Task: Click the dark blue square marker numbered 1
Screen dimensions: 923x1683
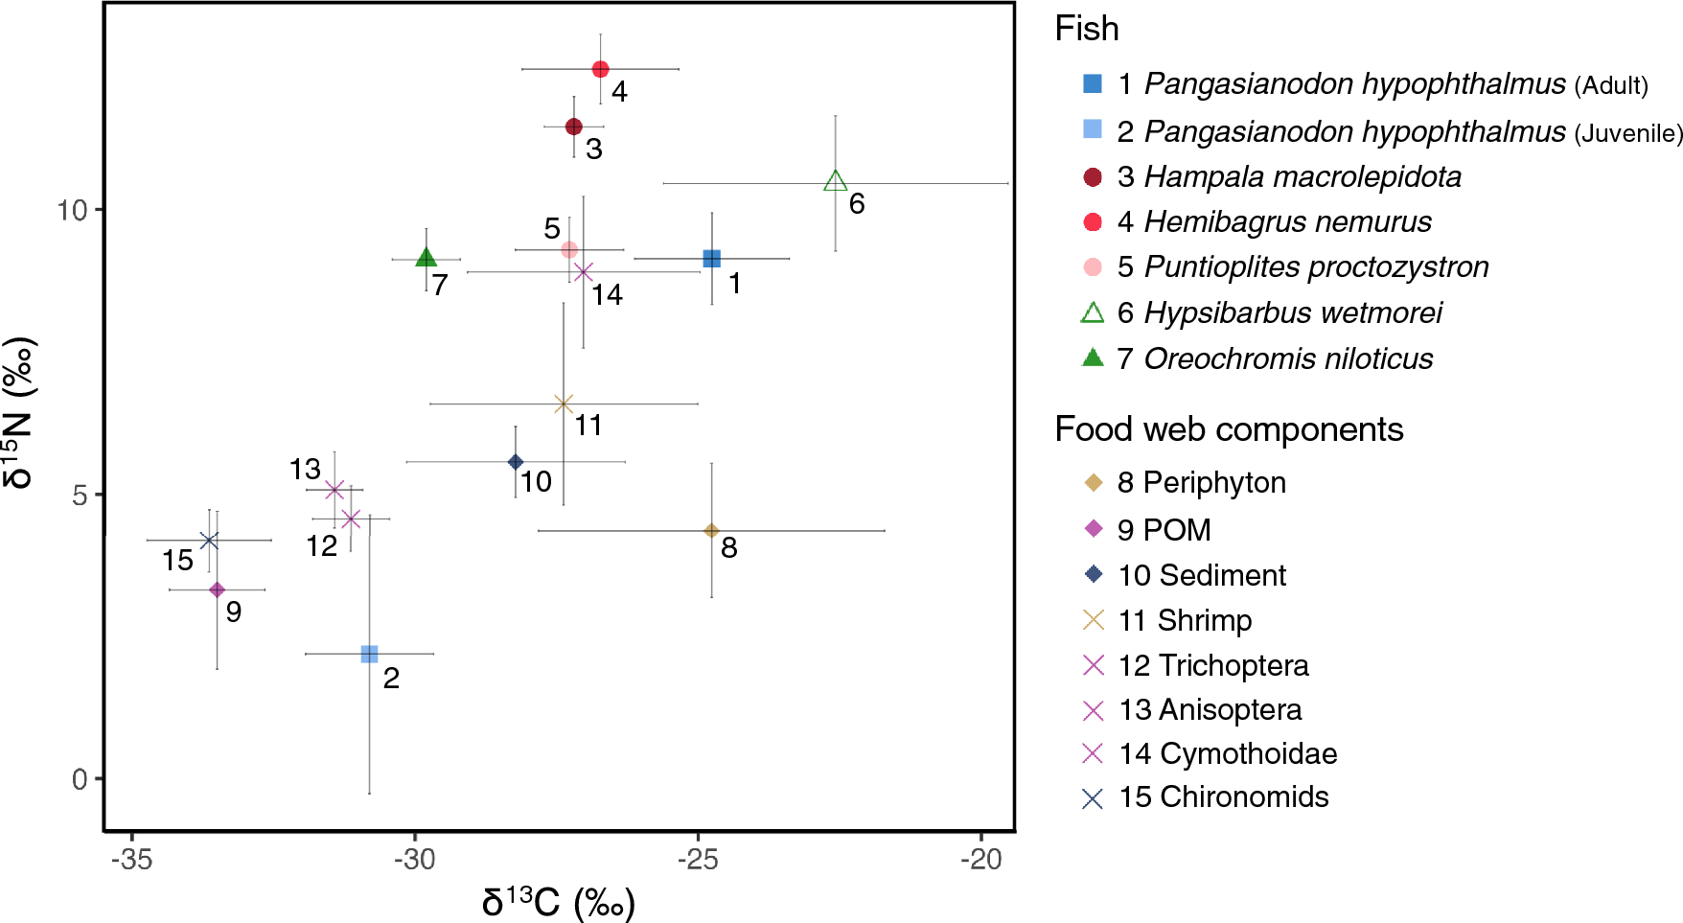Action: pyautogui.click(x=711, y=259)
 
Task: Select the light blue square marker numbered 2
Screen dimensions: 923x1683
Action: pyautogui.click(x=369, y=654)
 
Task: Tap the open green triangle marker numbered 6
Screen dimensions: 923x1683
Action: pyautogui.click(x=835, y=181)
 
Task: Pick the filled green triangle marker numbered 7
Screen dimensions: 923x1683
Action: pyautogui.click(x=427, y=258)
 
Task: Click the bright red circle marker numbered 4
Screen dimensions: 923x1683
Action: pyautogui.click(x=600, y=69)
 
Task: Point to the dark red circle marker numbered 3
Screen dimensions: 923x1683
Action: pyautogui.click(x=574, y=127)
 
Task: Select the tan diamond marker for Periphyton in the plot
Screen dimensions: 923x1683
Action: pyautogui.click(x=711, y=531)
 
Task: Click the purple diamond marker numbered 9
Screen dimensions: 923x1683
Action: pyautogui.click(x=218, y=589)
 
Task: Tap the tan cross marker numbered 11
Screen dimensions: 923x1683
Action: pyautogui.click(x=564, y=404)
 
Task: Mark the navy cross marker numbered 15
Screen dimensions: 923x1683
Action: pyautogui.click(x=209, y=541)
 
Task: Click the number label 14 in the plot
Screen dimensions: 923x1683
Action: pyautogui.click(x=607, y=295)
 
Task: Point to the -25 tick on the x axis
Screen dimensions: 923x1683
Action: pyautogui.click(x=698, y=860)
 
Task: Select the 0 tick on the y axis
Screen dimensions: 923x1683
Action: pyautogui.click(x=80, y=779)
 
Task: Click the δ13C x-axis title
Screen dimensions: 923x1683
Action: pyautogui.click(x=558, y=902)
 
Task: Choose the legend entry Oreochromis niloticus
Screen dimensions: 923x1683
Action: pyautogui.click(x=1287, y=358)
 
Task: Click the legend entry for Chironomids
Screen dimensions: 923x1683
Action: pyautogui.click(x=1223, y=797)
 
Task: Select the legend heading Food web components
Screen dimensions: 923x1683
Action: pyautogui.click(x=1229, y=429)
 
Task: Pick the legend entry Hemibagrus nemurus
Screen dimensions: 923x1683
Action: pyautogui.click(x=1287, y=222)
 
